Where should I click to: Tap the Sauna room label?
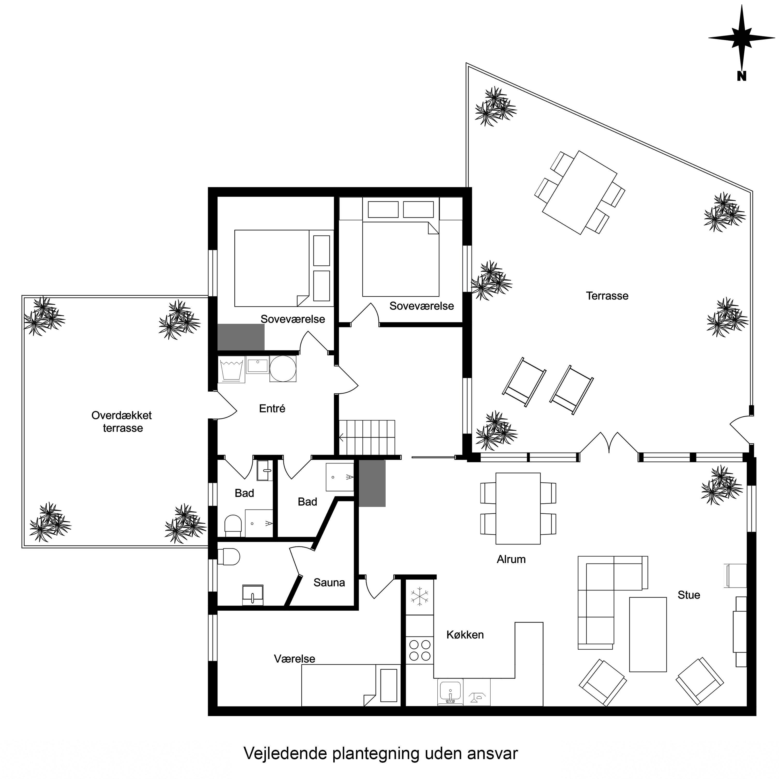click(x=329, y=582)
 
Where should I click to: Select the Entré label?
click(x=272, y=408)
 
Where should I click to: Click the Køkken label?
click(x=465, y=635)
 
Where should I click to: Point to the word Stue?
click(x=689, y=595)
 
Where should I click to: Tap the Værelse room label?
click(x=294, y=658)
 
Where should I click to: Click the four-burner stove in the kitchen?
click(x=420, y=651)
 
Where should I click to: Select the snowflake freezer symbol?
click(x=420, y=597)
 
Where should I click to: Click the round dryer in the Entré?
click(x=283, y=369)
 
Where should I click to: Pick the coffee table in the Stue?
click(x=648, y=634)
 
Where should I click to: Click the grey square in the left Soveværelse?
click(x=241, y=337)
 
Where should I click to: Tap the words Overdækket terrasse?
click(x=122, y=421)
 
